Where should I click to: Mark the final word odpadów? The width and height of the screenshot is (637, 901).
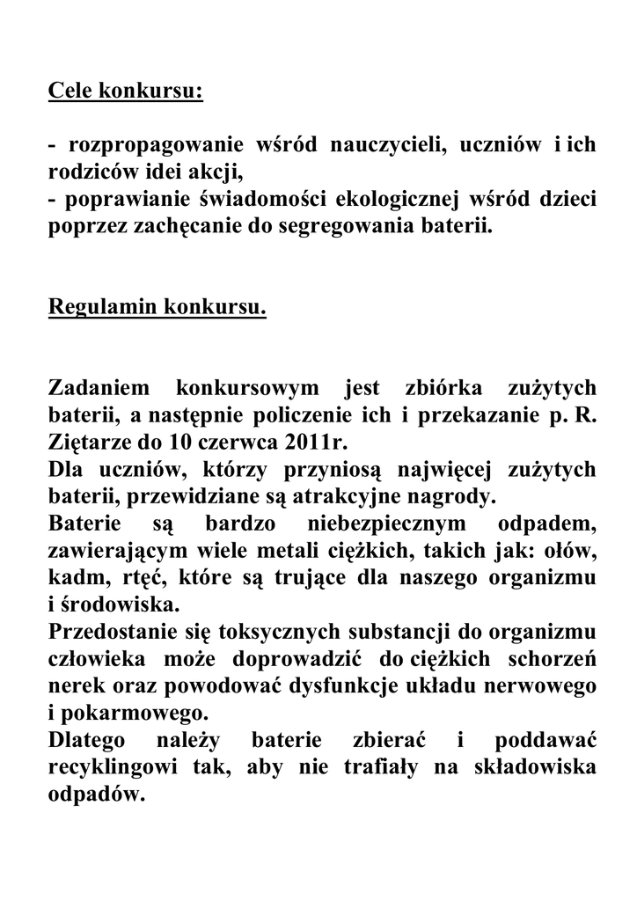95,793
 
